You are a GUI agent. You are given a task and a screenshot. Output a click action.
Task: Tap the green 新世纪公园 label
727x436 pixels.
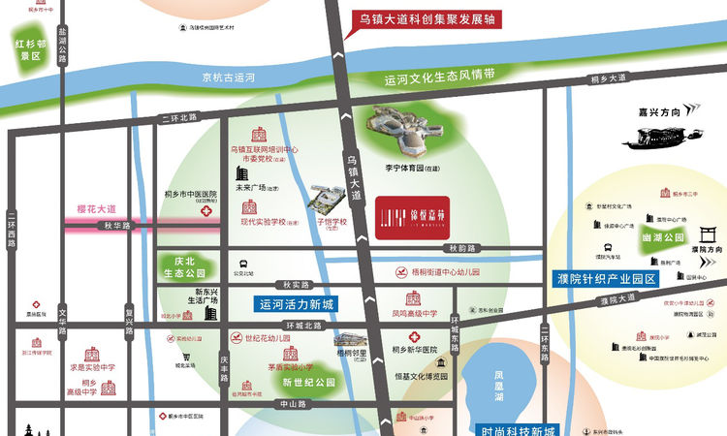[308, 383]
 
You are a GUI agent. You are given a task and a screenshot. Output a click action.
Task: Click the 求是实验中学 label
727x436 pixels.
[92, 367]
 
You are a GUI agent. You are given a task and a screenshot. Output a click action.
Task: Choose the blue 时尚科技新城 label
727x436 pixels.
[519, 429]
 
